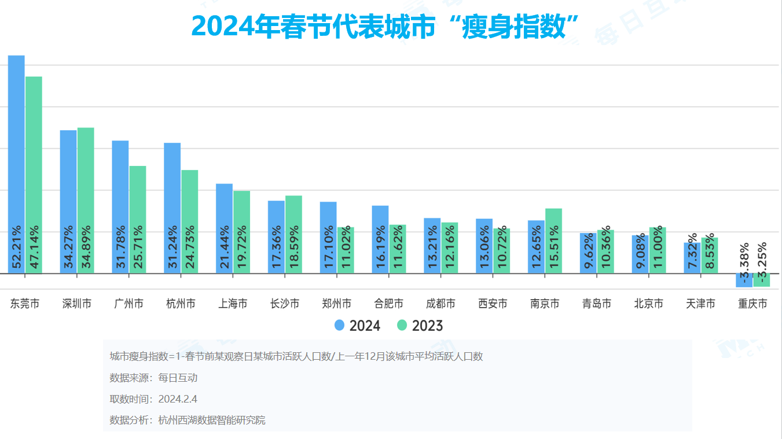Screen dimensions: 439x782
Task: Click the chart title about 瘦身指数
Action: coord(386,27)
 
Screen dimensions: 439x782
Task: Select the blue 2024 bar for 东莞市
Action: coord(16,162)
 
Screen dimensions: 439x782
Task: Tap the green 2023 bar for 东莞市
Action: coord(34,174)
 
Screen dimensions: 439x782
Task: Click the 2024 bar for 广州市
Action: coord(120,205)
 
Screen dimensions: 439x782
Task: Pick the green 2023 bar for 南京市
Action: coord(553,240)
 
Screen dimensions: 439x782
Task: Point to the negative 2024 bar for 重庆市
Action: coord(744,280)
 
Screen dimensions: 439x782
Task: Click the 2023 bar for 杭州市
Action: coord(190,220)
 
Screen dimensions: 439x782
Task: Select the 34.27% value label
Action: coord(68,248)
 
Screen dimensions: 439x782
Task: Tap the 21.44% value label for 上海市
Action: coord(225,248)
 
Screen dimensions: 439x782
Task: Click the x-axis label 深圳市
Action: coord(76,304)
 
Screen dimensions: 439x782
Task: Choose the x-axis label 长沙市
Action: coord(285,304)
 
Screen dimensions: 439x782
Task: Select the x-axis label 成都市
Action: coord(440,304)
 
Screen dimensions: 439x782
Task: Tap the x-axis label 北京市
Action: coord(648,304)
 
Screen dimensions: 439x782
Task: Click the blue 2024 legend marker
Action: coord(340,326)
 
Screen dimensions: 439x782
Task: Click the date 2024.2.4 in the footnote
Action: coord(178,399)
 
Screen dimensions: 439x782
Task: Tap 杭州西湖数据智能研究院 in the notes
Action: coord(212,420)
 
